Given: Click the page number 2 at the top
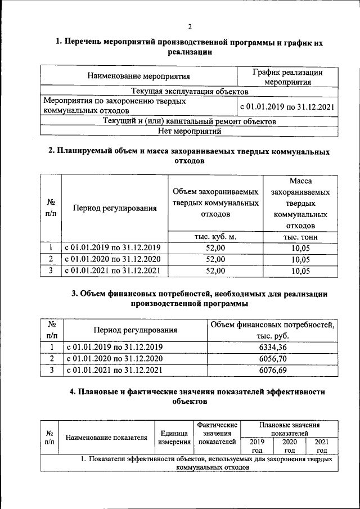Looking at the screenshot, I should [190, 26].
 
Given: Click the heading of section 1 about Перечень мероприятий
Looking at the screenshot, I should [190, 47].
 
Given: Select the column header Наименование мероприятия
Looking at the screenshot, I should [138, 75].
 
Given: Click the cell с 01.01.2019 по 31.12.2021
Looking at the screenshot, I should [287, 106].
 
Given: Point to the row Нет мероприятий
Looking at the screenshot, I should [190, 131].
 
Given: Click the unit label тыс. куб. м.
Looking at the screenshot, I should [215, 237].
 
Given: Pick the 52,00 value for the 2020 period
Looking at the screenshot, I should [215, 259].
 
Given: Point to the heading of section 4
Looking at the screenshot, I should [190, 397].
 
